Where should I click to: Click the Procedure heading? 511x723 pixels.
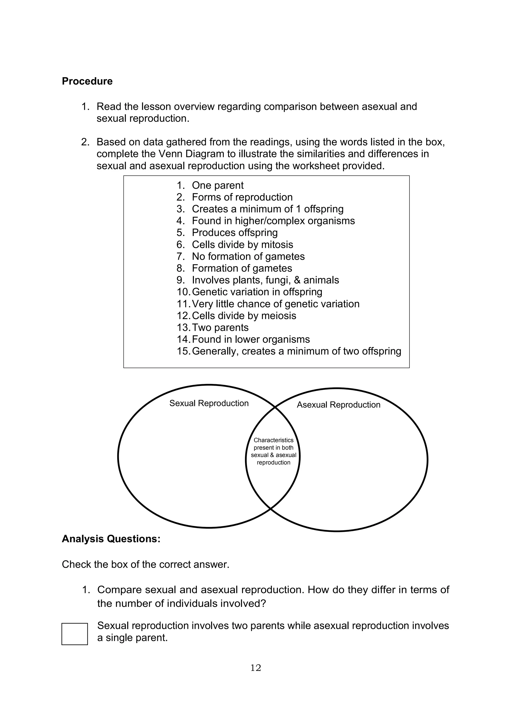point(87,81)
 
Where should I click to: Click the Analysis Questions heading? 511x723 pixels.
point(111,539)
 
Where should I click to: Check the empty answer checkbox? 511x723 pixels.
point(75,634)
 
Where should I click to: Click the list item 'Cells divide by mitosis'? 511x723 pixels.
point(242,244)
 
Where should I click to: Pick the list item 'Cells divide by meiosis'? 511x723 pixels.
point(244,316)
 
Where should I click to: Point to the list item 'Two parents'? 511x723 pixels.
point(220,328)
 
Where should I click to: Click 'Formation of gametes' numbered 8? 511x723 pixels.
point(242,268)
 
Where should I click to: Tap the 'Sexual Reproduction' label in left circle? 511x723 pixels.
point(209,403)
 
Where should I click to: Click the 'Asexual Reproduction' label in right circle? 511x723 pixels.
point(339,405)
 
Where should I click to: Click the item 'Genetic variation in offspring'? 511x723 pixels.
point(257,292)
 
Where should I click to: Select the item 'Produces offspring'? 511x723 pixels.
point(235,233)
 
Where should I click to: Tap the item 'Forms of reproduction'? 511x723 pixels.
point(242,197)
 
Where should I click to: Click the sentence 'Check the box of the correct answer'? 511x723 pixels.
point(145,564)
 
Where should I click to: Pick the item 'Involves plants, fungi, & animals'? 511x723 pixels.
point(265,280)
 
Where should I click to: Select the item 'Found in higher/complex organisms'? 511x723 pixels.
point(273,221)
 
